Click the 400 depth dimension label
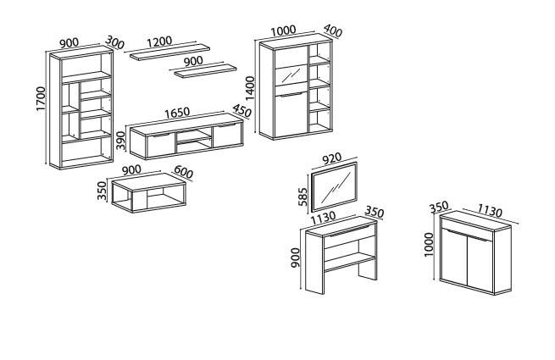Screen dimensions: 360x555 coord(332,32)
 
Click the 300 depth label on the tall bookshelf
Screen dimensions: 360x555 coord(114,42)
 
